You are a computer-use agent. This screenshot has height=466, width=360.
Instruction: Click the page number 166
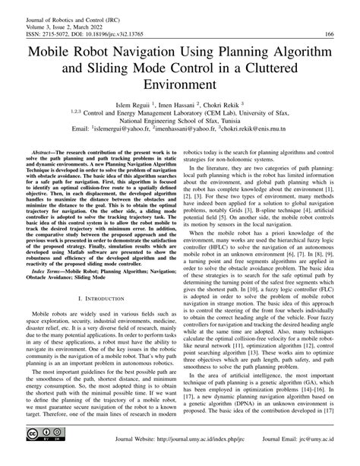[329, 34]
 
